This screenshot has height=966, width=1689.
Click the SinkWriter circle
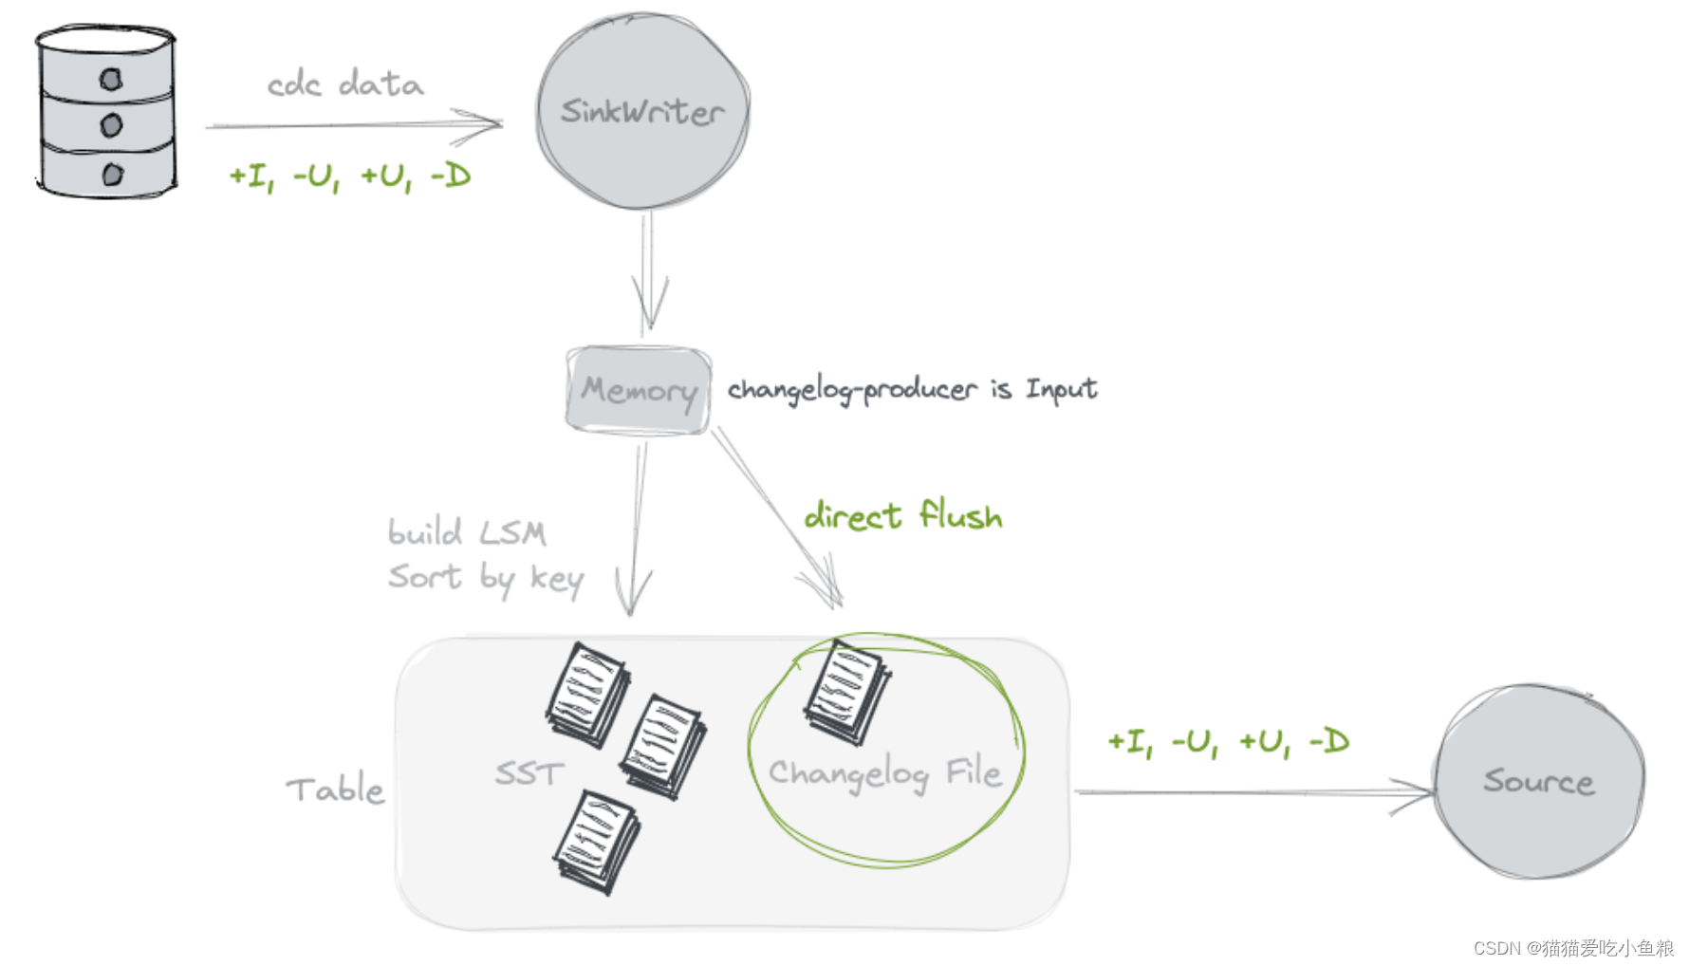click(642, 111)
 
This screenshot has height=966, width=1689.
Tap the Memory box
click(638, 390)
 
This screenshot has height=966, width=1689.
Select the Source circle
click(1538, 781)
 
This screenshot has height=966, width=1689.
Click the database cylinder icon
click(107, 113)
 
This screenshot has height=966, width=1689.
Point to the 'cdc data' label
click(344, 84)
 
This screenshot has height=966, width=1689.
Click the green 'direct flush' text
click(902, 515)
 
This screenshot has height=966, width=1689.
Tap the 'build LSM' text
click(467, 532)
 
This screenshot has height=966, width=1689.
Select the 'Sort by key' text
click(485, 577)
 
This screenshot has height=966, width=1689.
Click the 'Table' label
click(335, 790)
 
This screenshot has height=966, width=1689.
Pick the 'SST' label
click(529, 773)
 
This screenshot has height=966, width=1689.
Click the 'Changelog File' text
click(884, 774)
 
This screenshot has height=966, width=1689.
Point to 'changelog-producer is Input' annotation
click(912, 389)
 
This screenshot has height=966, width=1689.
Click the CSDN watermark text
click(1573, 947)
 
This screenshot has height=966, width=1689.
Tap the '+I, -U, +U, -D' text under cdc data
click(349, 176)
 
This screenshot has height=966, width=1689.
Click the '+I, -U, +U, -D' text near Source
click(1228, 742)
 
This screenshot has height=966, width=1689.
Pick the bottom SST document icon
click(596, 841)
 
